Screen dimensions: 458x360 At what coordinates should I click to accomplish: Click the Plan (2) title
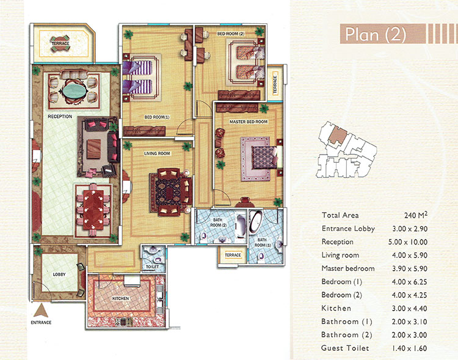376,34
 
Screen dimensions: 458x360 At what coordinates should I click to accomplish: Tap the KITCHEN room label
121,299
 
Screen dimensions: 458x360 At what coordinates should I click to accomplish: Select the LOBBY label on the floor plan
59,274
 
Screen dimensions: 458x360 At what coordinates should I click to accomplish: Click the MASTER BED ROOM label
249,122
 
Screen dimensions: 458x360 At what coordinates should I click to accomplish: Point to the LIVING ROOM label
157,153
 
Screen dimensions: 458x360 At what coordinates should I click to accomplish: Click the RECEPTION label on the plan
60,116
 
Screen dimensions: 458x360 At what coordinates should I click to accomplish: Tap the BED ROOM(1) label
157,117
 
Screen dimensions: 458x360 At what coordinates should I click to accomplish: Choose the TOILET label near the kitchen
152,266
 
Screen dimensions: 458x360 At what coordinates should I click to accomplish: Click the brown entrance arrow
40,310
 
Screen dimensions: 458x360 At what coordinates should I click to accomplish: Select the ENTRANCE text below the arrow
41,322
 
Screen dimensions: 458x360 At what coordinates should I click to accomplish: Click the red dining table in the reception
93,210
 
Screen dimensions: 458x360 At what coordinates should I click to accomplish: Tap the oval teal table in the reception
74,90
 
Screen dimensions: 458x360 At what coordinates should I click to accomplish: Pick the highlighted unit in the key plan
338,135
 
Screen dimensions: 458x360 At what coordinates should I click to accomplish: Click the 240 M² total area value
416,215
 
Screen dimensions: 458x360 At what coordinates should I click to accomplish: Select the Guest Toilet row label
345,348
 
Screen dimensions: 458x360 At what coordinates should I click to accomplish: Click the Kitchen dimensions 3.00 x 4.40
409,308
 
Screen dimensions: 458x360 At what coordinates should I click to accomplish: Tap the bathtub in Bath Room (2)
241,226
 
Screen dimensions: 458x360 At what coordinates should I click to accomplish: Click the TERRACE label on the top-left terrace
60,43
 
